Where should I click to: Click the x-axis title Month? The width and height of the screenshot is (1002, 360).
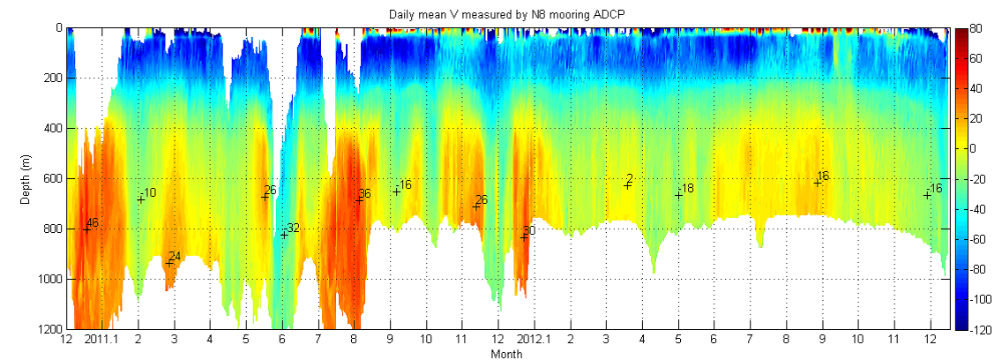click(507, 354)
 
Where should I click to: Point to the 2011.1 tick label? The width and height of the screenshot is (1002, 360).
click(98, 340)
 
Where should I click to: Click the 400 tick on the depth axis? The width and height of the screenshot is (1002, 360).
click(52, 128)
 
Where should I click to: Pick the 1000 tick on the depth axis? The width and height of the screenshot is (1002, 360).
click(49, 279)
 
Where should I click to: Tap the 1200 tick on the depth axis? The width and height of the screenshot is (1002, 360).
click(49, 329)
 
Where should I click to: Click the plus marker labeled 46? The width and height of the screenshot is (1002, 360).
click(86, 229)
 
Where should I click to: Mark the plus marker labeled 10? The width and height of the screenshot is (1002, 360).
click(141, 199)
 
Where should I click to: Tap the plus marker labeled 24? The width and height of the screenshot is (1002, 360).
click(169, 262)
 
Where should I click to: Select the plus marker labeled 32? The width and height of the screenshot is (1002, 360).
click(284, 234)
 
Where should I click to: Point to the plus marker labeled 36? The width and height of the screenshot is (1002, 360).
click(359, 199)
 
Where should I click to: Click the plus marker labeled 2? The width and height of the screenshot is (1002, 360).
click(627, 184)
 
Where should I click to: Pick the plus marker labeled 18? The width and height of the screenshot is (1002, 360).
click(678, 194)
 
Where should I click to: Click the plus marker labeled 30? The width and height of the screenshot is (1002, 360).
click(524, 236)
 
